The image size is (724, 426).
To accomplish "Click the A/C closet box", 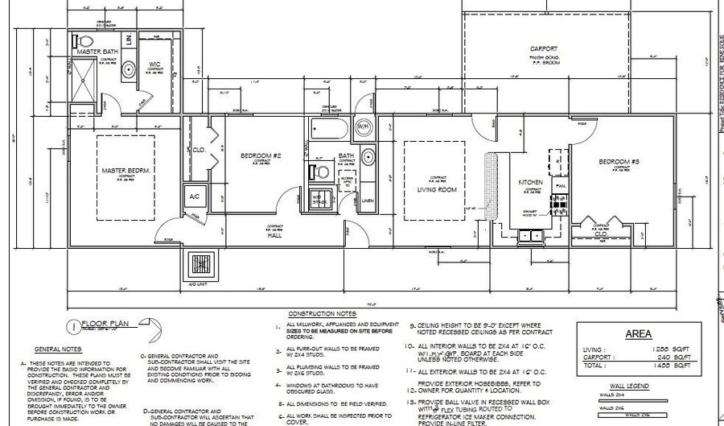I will tap(195, 196).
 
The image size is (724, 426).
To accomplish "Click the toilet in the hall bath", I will tap(319, 170).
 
